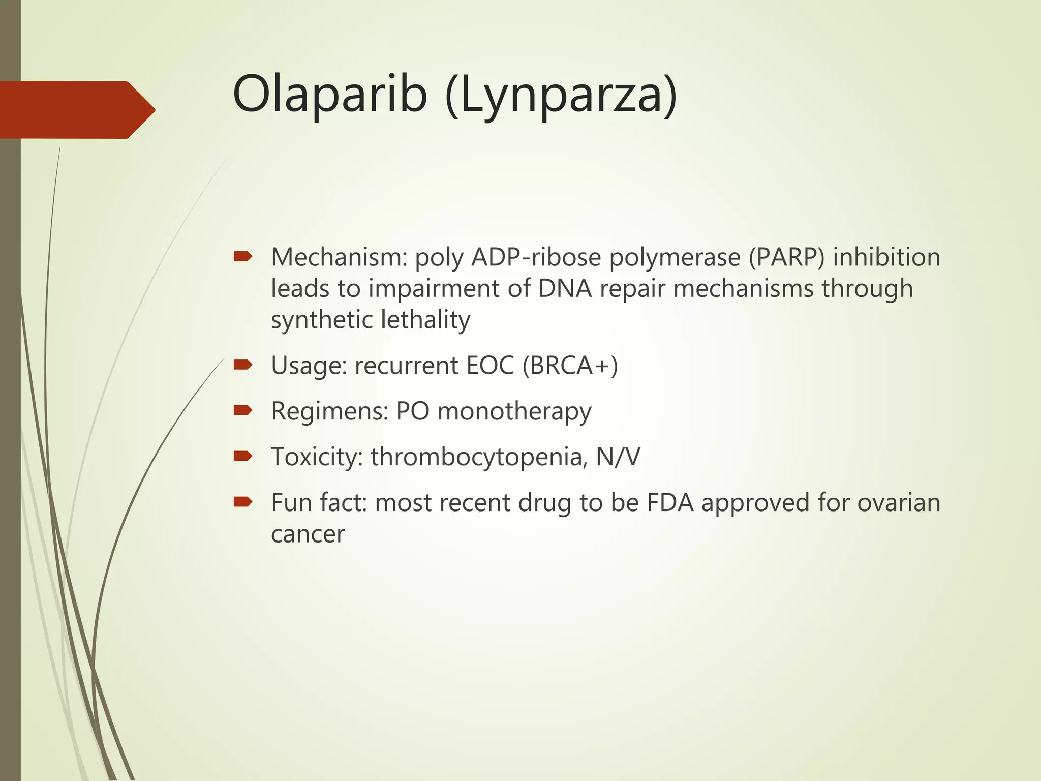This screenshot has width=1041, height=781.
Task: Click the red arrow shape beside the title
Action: click(x=76, y=110)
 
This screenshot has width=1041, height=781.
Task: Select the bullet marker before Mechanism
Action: click(x=243, y=257)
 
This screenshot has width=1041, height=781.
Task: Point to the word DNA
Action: click(x=565, y=289)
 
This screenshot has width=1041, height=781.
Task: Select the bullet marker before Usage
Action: click(x=243, y=365)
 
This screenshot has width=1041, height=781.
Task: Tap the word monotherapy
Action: click(x=514, y=412)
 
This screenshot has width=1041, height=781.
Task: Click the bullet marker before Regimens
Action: click(x=243, y=410)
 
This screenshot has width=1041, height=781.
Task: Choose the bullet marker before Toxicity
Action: click(x=243, y=456)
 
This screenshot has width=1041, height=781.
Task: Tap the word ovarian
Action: click(x=899, y=503)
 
